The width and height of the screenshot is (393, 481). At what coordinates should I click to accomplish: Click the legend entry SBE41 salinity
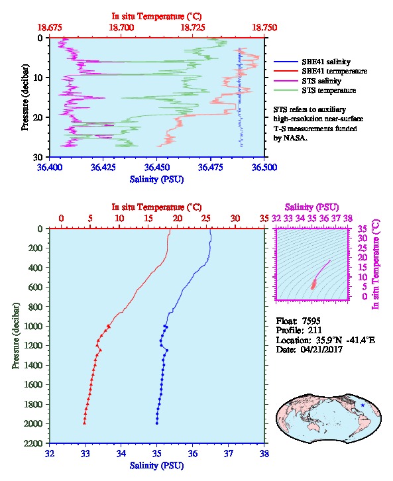click(326, 62)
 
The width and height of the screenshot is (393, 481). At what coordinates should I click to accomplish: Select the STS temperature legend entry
click(329, 90)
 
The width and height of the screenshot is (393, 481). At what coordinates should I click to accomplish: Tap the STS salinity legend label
click(321, 81)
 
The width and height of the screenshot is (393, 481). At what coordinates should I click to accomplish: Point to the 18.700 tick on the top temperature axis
click(121, 28)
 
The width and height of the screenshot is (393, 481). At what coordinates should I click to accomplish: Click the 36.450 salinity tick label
click(157, 167)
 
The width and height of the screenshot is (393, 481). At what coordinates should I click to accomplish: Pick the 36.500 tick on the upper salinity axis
click(264, 167)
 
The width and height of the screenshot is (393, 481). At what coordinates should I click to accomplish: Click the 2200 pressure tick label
click(33, 443)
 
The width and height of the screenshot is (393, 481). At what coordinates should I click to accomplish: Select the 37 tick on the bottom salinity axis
click(229, 453)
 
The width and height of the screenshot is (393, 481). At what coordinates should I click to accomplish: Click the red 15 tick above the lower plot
click(148, 218)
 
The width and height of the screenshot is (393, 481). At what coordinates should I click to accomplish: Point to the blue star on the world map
click(363, 405)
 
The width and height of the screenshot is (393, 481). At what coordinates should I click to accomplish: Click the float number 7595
click(311, 321)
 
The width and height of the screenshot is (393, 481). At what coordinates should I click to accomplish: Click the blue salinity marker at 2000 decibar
click(157, 423)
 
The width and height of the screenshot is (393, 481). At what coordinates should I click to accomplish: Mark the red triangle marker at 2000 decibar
click(84, 423)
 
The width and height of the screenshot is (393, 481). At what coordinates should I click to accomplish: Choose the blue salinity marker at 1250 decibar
click(167, 350)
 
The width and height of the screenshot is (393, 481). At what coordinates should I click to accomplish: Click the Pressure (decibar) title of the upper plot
click(25, 97)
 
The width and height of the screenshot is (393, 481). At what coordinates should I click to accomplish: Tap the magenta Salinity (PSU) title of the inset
click(312, 207)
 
